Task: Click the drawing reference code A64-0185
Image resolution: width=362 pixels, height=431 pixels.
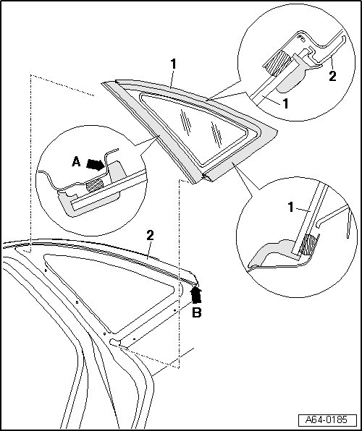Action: tap(327, 419)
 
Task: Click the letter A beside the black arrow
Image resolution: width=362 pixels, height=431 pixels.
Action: tap(76, 162)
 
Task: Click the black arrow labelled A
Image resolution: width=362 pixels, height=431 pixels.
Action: tap(96, 164)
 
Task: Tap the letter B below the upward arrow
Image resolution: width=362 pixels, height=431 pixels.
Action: tap(196, 312)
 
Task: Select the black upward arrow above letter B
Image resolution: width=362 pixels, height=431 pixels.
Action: tap(196, 294)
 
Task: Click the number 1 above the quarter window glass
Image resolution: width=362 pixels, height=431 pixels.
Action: tap(173, 64)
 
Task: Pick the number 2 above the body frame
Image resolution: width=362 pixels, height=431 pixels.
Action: tap(150, 236)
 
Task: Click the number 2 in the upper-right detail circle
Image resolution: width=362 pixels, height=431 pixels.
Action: tap(332, 76)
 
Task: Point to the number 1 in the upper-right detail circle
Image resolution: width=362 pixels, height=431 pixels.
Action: tap(285, 103)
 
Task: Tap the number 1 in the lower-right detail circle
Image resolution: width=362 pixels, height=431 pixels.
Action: tap(291, 207)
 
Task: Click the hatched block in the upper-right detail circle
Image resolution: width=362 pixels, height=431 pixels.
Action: tap(277, 64)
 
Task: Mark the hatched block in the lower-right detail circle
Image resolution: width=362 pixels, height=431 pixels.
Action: tap(309, 244)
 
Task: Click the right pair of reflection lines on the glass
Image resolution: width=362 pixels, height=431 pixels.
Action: tap(217, 134)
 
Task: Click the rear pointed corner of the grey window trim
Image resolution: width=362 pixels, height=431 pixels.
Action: tap(277, 132)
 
